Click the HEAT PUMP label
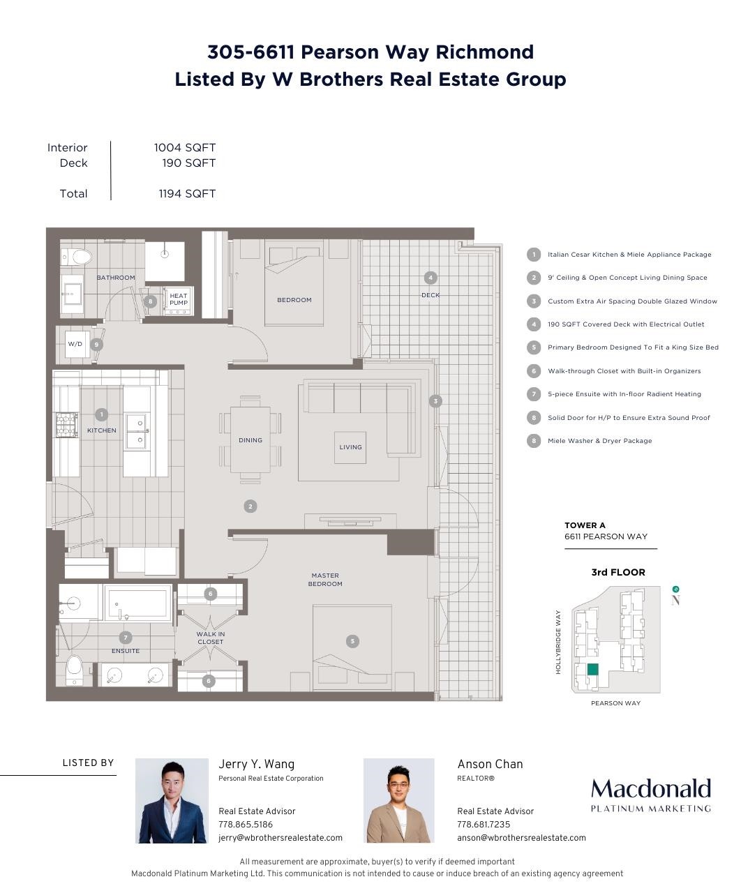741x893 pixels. tap(179, 299)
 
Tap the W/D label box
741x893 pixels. tap(75, 344)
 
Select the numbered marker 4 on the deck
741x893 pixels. tap(431, 278)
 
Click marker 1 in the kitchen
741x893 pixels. tap(101, 414)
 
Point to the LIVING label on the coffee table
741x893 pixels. tap(350, 447)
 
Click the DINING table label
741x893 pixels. tap(250, 440)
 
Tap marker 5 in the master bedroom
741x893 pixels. tap(352, 641)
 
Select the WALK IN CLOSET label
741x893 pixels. tap(211, 638)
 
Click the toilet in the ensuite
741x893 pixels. tap(75, 670)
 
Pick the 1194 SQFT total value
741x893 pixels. tap(187, 194)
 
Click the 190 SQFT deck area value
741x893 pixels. tap(188, 163)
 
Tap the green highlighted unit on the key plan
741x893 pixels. tap(592, 669)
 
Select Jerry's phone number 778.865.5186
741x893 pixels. tap(246, 824)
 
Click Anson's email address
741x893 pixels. tap(521, 837)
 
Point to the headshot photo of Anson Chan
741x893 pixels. tap(398, 800)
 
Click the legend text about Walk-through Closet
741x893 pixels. tap(624, 370)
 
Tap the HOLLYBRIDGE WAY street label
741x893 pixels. tap(558, 642)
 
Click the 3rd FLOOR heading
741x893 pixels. tap(617, 572)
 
